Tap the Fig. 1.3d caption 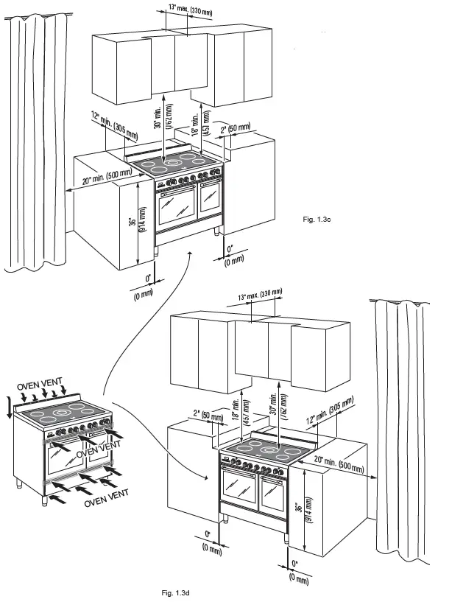pyautogui.click(x=176, y=592)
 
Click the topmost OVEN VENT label pyautogui.click(x=40, y=386)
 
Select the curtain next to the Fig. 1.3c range pyautogui.click(x=32, y=140)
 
